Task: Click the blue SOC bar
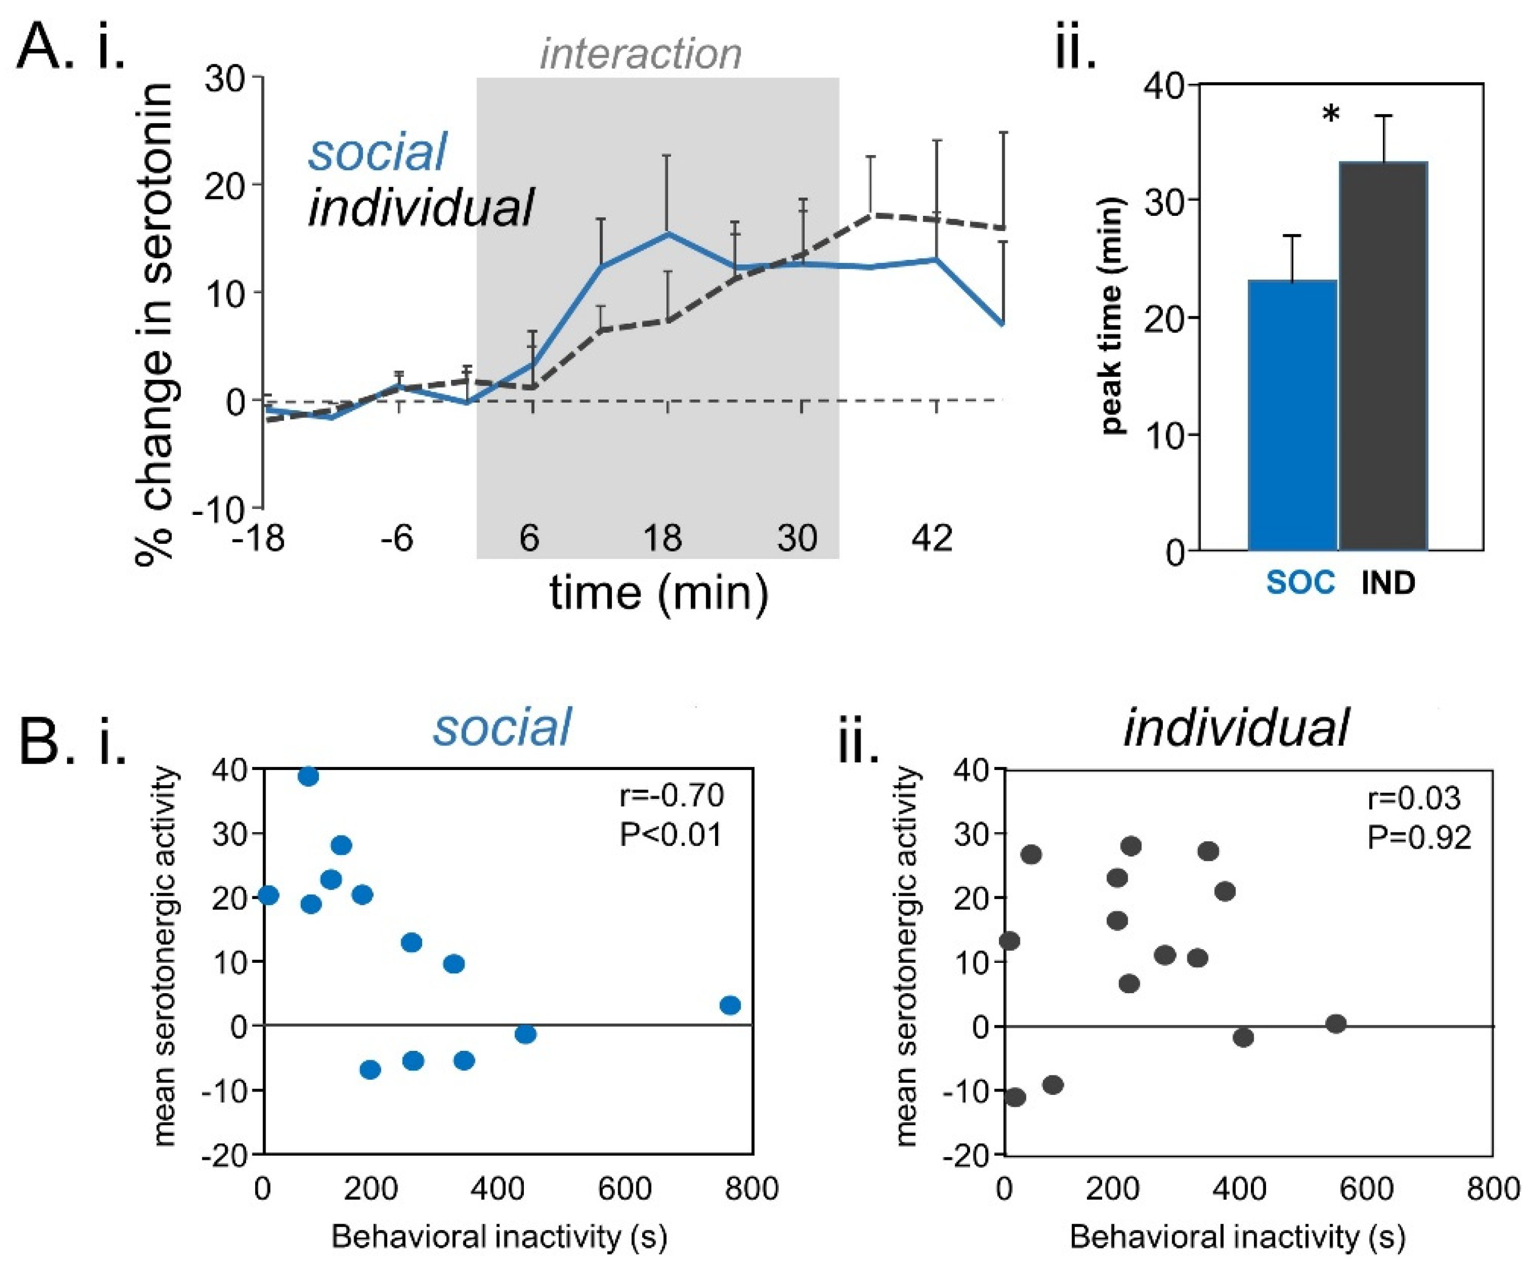tap(1293, 415)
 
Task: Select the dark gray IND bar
tap(1383, 357)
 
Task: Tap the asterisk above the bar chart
tap(1330, 115)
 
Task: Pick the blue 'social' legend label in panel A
tap(377, 152)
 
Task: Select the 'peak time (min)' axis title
tap(1112, 316)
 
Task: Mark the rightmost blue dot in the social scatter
tap(730, 1005)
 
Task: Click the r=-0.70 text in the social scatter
tap(672, 795)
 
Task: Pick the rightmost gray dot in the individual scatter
tap(1336, 1024)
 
